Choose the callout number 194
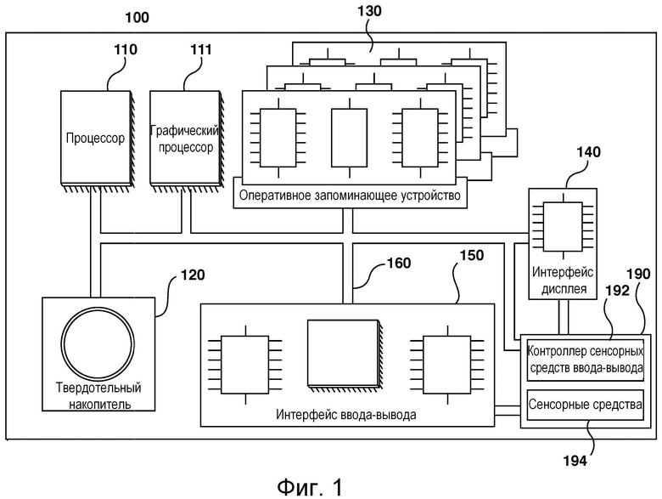pyautogui.click(x=593, y=462)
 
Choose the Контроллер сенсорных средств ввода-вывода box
pyautogui.click(x=585, y=359)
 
